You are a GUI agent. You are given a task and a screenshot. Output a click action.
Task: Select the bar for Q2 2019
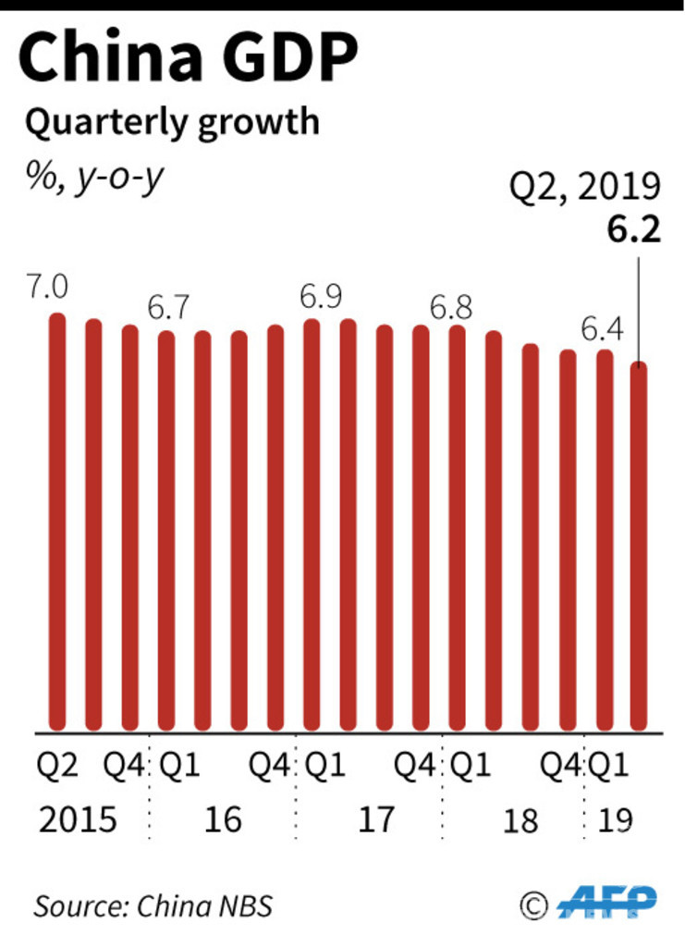639,546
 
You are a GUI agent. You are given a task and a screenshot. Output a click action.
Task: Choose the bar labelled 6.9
312,523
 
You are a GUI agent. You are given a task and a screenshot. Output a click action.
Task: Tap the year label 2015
78,819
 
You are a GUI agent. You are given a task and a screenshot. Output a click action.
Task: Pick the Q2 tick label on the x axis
58,767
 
